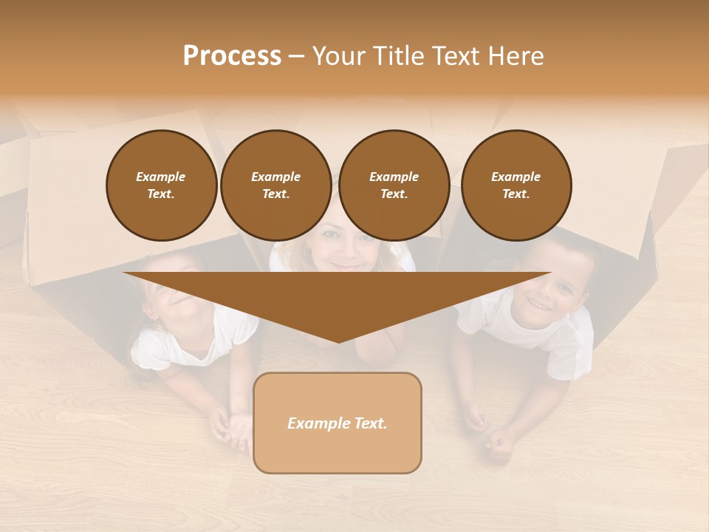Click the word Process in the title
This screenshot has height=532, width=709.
coord(232,56)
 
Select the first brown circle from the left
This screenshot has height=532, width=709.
coord(162,185)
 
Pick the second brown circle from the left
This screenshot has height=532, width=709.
coord(276,185)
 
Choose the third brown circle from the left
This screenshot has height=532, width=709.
coord(394,185)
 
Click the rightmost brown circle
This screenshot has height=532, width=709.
coord(516,185)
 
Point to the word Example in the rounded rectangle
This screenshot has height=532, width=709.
coord(319,423)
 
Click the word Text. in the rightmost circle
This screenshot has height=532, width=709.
coord(516,194)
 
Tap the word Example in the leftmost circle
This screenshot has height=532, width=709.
coord(161,177)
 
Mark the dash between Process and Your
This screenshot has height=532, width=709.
coord(297,56)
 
